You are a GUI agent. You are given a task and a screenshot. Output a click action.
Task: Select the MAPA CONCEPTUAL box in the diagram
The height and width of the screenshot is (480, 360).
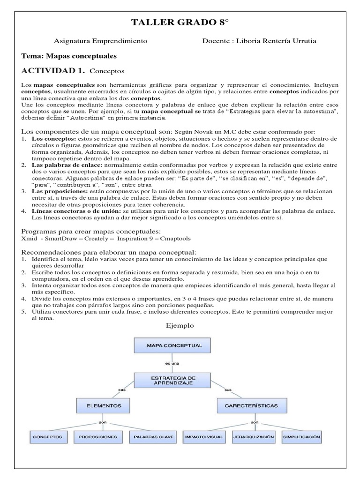[x=174, y=346]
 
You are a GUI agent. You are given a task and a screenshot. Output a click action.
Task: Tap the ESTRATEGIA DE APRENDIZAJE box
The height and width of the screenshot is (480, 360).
[x=173, y=380]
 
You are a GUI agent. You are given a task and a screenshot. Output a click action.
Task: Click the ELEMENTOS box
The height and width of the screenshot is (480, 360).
[x=104, y=405]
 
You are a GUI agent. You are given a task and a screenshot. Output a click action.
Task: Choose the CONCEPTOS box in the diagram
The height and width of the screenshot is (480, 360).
[x=48, y=437]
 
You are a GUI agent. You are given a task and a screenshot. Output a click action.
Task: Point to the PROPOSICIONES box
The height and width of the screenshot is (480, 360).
[x=98, y=437]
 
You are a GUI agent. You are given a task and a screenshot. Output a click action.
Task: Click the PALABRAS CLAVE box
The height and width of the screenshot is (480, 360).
[x=153, y=437]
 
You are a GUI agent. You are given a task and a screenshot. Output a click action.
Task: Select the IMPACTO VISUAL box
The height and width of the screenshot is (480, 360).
[x=204, y=437]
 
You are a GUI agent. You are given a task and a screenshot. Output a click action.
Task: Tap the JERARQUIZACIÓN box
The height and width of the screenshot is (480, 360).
[x=254, y=437]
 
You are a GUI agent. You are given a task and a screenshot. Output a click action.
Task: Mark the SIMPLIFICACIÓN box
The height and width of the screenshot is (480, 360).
[x=301, y=437]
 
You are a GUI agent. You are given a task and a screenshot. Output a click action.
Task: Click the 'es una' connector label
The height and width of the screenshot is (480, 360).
[x=172, y=363]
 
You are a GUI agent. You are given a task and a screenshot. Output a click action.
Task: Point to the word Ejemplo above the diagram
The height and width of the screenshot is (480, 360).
[x=180, y=325]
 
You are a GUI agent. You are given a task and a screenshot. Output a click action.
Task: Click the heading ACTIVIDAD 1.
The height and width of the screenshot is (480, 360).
[x=53, y=71]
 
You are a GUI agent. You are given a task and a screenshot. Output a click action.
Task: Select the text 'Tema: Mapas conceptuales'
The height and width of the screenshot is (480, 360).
[x=69, y=56]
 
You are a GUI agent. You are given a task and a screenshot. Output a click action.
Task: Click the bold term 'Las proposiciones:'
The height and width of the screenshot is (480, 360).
[x=53, y=191]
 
